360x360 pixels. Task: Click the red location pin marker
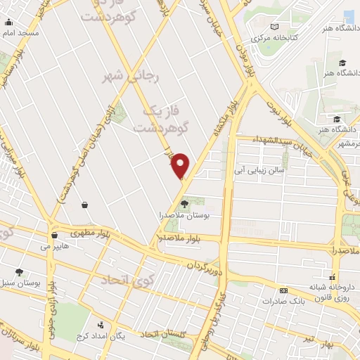pyautogui.click(x=181, y=165)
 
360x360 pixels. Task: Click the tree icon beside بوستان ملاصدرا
pyautogui.click(x=185, y=204)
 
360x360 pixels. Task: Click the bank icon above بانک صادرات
pyautogui.click(x=283, y=290)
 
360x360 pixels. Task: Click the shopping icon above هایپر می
pyautogui.click(x=54, y=236)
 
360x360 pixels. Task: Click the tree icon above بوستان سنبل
pyautogui.click(x=19, y=272)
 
